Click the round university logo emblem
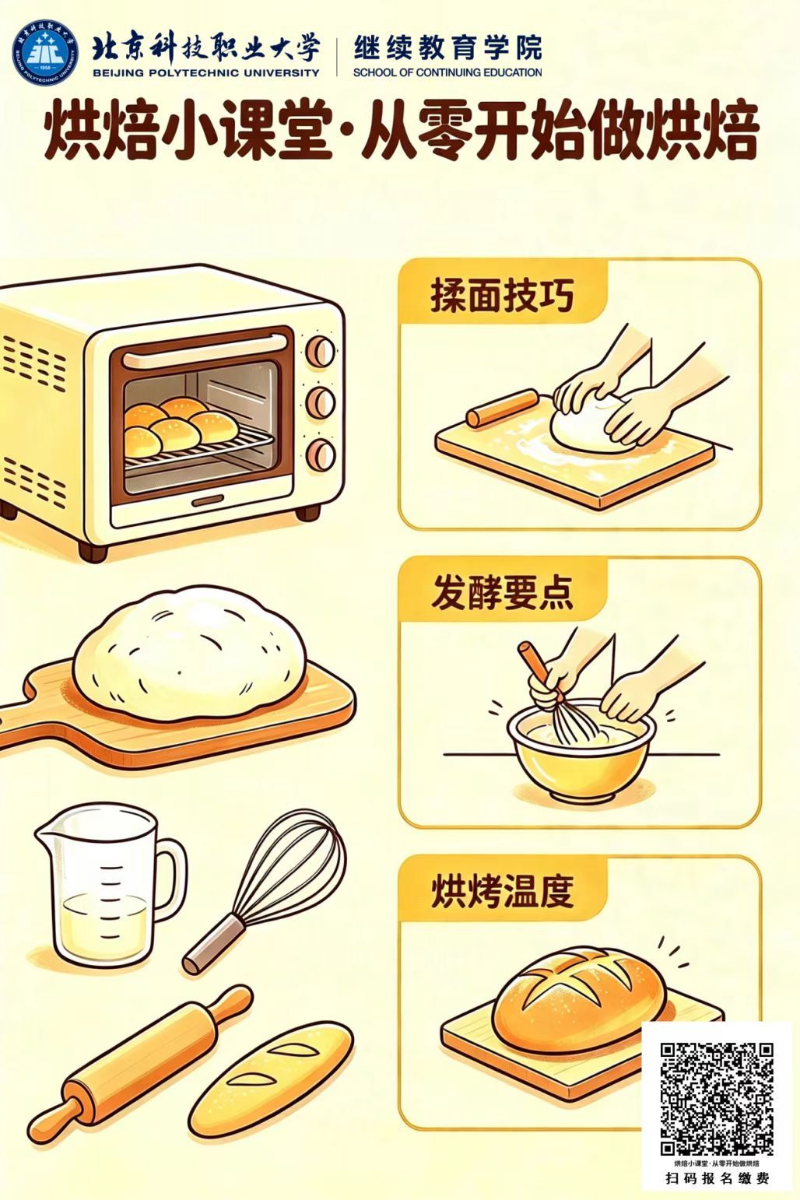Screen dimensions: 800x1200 point(46,54)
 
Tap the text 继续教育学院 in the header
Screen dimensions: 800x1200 point(448,49)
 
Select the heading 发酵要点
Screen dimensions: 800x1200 point(502,593)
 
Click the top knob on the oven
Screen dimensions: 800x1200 point(321,351)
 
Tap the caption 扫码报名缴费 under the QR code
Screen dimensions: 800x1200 point(717,1178)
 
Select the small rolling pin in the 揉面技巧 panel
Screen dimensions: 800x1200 point(502,408)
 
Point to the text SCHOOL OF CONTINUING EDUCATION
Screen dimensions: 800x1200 point(447,72)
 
